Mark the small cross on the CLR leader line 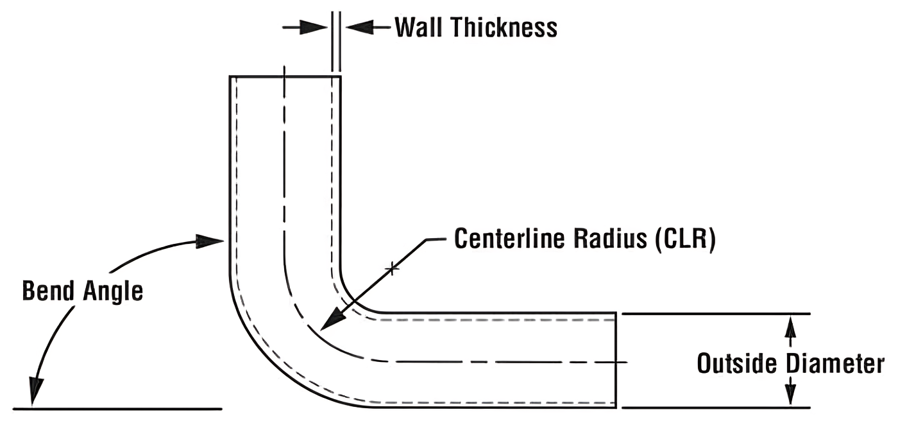tap(393, 269)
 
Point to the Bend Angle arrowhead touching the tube tap(210, 242)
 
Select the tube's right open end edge tap(616, 360)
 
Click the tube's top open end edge tap(285, 76)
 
